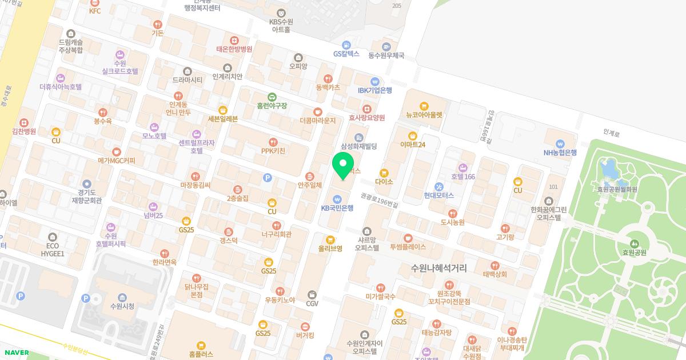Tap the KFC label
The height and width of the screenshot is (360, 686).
pos(94,11)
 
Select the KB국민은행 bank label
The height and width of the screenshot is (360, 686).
pos(337,208)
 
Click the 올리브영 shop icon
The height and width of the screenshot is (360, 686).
pos(330,240)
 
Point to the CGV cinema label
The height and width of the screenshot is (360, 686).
pos(312,303)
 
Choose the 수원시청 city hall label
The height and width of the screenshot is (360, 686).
pos(122,306)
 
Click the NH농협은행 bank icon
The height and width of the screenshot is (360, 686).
pos(560,143)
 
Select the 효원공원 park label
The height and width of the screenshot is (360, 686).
pos(634,253)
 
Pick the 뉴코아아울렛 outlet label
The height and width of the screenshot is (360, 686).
pos(424,114)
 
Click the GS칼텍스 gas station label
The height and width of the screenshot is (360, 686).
pos(346,54)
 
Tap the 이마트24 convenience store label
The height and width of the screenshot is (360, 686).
pos(413,145)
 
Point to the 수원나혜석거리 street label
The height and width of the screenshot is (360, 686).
pos(439,267)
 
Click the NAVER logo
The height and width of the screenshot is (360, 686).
pos(16,353)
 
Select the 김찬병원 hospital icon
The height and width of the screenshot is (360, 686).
pos(24,122)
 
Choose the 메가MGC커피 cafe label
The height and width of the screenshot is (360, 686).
pos(117,161)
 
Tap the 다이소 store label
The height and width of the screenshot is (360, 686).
pos(384,182)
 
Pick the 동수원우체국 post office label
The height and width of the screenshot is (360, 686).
pos(386,55)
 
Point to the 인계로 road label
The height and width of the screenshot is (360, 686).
pos(611,132)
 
